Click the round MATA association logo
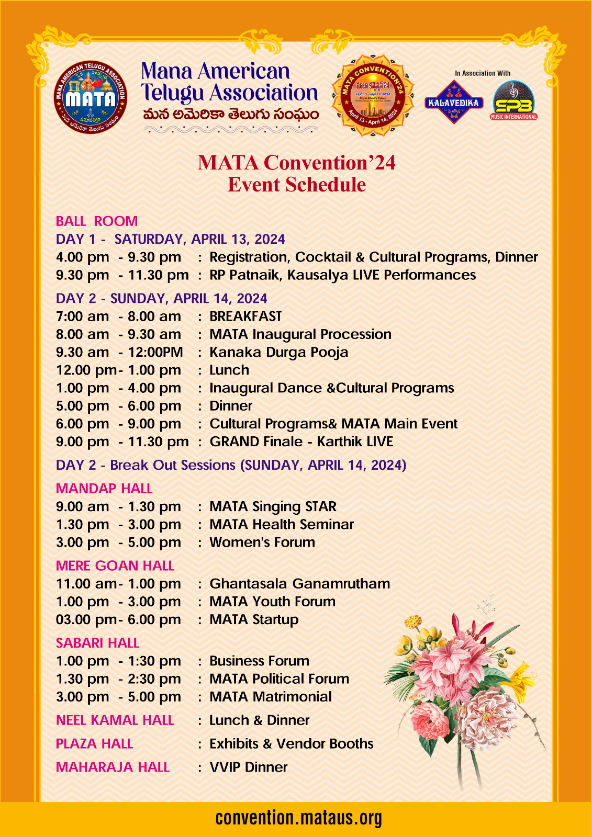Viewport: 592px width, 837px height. tap(91, 96)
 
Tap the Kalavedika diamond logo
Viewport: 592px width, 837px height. tap(453, 102)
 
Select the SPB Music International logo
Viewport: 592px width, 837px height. tap(513, 100)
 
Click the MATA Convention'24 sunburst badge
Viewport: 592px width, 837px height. tap(373, 96)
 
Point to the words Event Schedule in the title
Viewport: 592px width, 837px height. tap(297, 185)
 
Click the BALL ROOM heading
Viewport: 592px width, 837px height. tap(97, 221)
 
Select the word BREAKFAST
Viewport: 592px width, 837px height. tap(245, 316)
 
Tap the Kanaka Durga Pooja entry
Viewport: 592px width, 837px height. tap(278, 352)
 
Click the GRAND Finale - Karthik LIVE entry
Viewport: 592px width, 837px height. tap(301, 442)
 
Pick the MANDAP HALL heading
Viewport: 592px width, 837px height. tap(104, 489)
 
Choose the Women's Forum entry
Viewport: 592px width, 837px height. tap(262, 542)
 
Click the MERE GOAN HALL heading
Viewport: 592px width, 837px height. tap(115, 565)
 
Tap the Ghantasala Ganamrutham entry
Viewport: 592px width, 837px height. tap(299, 584)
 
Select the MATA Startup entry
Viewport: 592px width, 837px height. tap(254, 619)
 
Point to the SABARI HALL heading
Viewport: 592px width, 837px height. tap(97, 643)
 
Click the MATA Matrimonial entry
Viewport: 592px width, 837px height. tap(271, 697)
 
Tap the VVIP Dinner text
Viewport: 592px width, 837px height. tap(249, 767)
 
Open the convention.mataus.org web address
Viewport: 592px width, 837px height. tap(298, 818)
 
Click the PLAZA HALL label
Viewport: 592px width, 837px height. tap(94, 744)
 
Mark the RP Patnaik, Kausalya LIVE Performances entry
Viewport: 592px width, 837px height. tap(342, 275)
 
